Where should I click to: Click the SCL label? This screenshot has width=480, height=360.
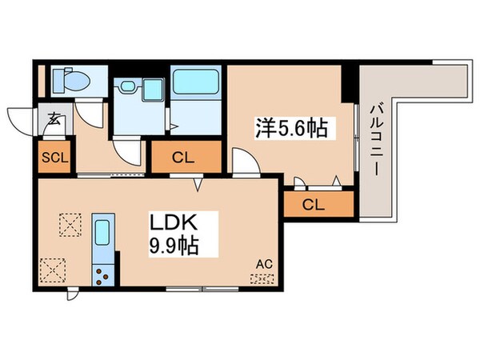click(x=54, y=158)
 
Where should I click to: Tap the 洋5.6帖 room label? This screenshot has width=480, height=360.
click(x=291, y=128)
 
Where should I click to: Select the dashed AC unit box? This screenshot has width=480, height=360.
click(x=262, y=279)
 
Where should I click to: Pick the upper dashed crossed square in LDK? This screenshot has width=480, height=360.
click(x=70, y=225)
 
